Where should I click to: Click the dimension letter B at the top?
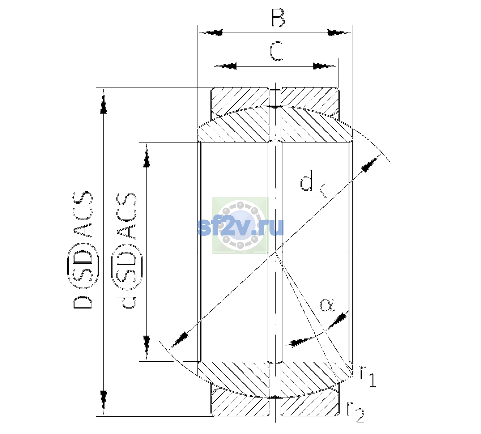click(278, 18)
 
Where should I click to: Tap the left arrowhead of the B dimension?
click(211, 33)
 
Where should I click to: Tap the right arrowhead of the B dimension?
click(339, 33)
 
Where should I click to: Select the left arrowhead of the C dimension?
click(225, 66)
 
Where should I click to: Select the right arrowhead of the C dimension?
click(325, 66)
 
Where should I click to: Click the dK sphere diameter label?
click(313, 184)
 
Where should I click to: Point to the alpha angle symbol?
click(327, 305)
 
